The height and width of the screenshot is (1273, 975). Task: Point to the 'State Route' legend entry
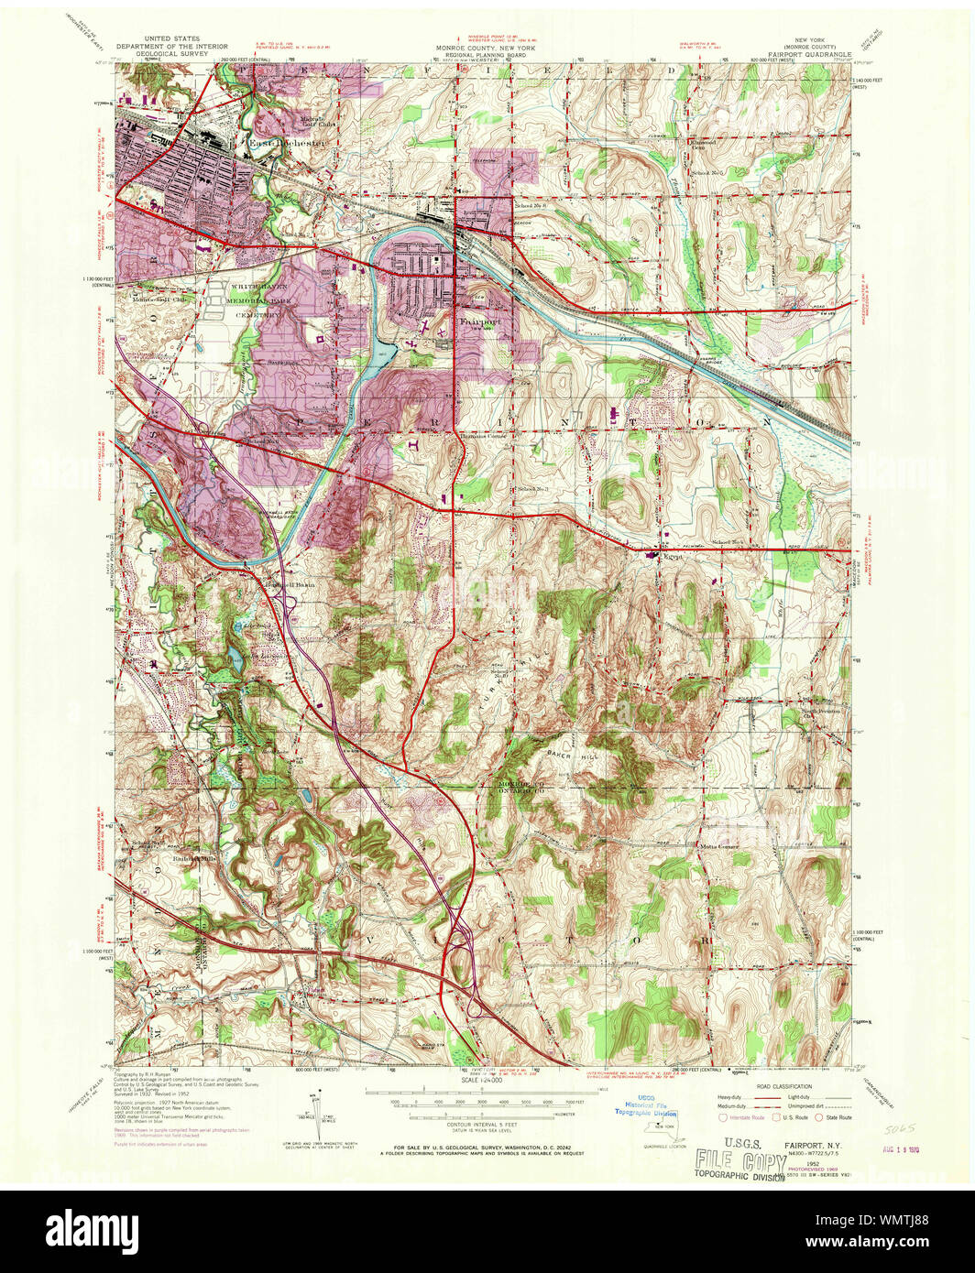click(x=838, y=1117)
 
